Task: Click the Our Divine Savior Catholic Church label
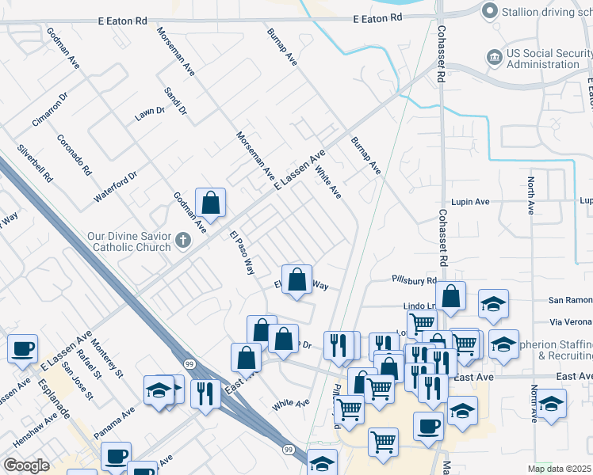(129, 241)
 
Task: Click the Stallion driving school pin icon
(490, 10)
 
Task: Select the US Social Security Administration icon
(494, 57)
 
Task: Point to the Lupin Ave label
(470, 202)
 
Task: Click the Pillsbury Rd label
(414, 280)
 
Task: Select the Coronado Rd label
(75, 154)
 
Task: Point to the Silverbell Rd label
(34, 163)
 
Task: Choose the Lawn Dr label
(149, 113)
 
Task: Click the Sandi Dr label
(174, 101)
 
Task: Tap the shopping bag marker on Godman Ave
(211, 203)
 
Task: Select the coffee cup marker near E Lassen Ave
(22, 348)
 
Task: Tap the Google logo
(26, 465)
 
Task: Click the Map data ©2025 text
(559, 469)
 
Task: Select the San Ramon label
(571, 301)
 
